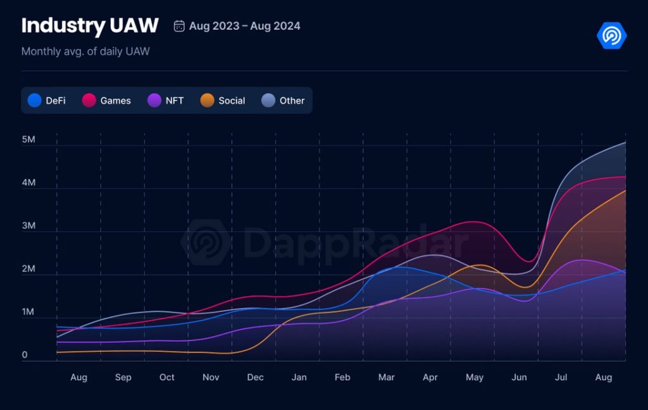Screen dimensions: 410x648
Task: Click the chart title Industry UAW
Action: [x=89, y=26]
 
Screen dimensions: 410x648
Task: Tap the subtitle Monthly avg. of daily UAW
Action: [x=85, y=51]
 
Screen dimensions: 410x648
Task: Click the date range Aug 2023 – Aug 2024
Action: [x=244, y=26]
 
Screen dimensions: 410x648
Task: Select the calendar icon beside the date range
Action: [x=179, y=26]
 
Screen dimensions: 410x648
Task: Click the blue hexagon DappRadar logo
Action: [x=611, y=35]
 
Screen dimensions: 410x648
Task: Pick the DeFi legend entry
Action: [x=47, y=101]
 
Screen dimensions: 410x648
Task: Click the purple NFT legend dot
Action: [x=154, y=101]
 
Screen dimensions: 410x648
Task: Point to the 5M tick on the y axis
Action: [x=28, y=139]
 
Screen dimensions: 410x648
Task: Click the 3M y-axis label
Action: [x=28, y=226]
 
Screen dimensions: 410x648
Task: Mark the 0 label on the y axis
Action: [x=25, y=355]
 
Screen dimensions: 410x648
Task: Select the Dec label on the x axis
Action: [x=255, y=377]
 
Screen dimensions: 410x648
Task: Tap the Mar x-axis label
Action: [x=386, y=377]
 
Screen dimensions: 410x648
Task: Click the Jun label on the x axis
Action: [x=519, y=377]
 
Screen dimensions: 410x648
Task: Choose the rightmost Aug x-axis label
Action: [x=604, y=377]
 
